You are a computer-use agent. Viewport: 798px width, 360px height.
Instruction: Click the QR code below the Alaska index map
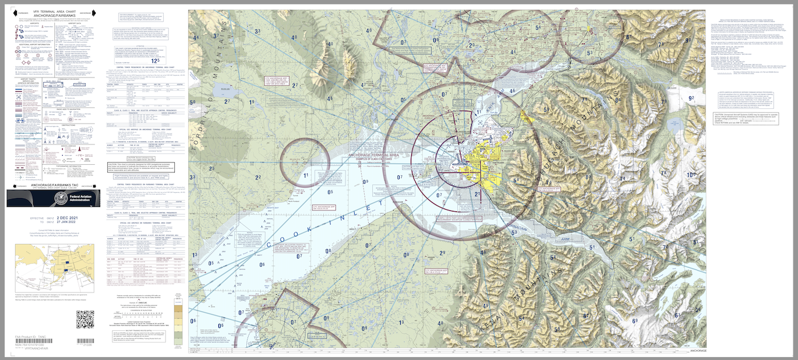[85, 319]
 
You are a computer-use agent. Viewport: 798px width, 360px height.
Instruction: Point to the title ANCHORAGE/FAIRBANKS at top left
[53, 16]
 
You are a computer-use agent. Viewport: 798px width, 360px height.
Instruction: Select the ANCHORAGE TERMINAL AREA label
[372, 155]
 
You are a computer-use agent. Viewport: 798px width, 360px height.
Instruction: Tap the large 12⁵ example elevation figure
[154, 60]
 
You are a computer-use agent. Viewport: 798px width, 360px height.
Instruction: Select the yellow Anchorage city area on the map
[483, 160]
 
